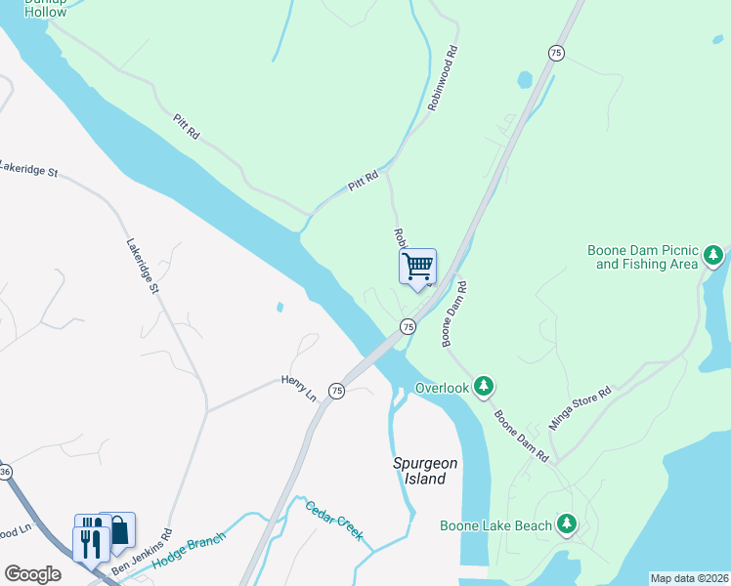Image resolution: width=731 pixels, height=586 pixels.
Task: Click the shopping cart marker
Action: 417,266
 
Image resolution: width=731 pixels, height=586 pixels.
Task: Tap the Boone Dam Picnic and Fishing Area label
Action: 642,257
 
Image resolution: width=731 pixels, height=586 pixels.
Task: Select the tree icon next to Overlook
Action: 483,388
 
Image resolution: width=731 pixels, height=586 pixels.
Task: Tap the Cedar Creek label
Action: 334,521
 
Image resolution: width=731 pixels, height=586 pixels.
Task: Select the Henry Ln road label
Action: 300,387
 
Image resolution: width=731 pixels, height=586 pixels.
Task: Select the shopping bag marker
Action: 118,530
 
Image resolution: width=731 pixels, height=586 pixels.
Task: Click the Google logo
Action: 32,574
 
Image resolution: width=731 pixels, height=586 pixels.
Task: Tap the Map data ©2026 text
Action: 689,577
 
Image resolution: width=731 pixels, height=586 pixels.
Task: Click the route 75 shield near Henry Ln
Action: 336,391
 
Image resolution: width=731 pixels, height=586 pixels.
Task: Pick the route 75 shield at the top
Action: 555,53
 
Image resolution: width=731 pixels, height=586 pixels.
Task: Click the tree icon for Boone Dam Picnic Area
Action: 714,256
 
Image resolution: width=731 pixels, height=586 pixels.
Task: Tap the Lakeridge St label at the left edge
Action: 29,169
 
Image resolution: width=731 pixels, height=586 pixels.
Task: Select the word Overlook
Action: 443,388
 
